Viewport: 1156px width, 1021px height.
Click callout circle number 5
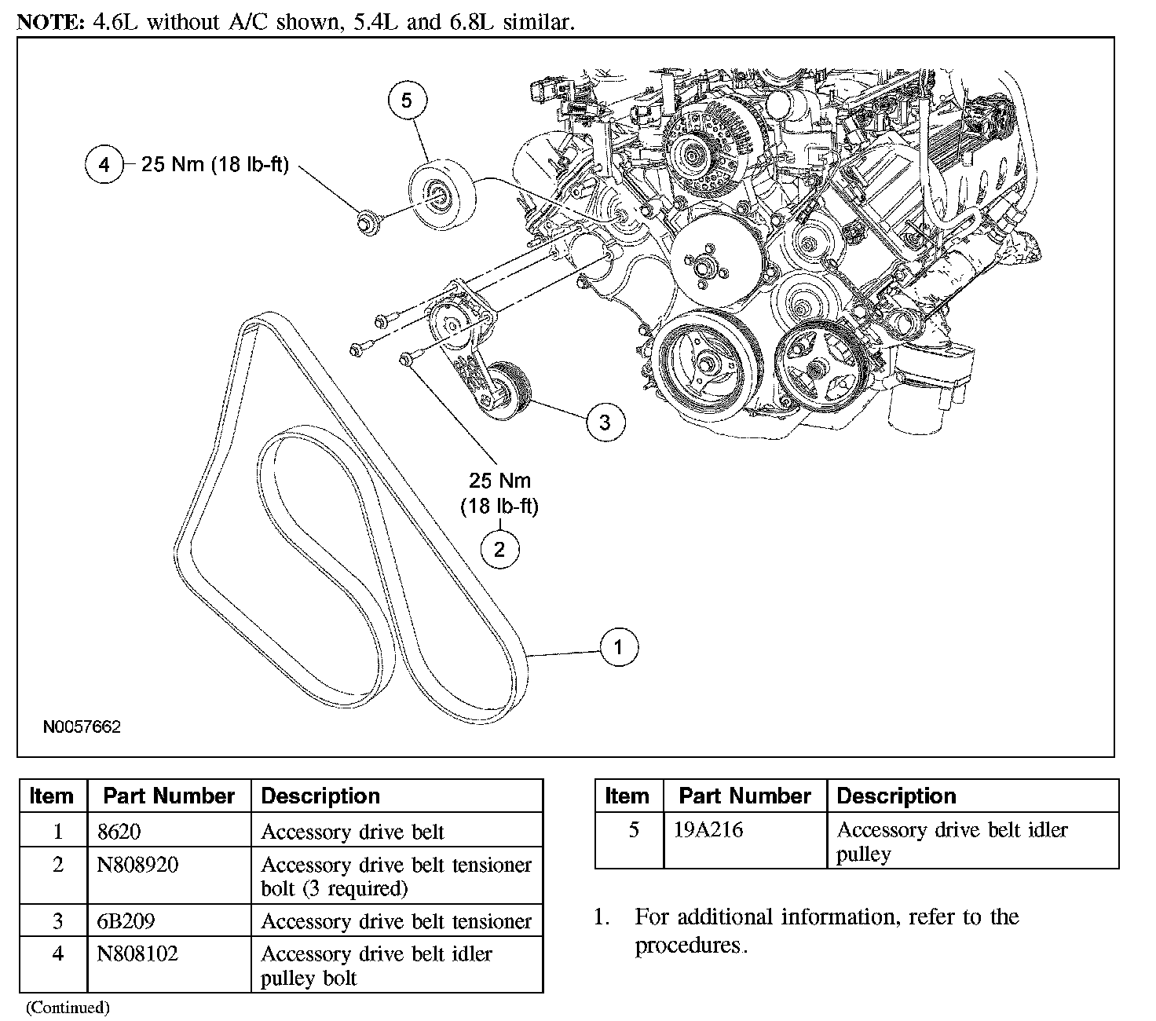(x=407, y=101)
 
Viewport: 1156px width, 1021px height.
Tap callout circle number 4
(x=104, y=165)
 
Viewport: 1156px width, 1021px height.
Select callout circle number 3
(x=605, y=422)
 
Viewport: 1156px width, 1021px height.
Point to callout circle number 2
(x=499, y=549)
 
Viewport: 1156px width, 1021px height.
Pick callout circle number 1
(x=619, y=647)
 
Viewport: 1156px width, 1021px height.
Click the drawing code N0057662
(x=82, y=727)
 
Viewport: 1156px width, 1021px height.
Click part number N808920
(x=137, y=865)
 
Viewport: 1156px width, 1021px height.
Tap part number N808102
(x=137, y=953)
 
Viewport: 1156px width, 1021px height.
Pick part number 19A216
(x=708, y=829)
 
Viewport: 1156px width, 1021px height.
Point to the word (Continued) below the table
(x=68, y=1007)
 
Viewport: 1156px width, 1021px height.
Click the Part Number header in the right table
(x=744, y=796)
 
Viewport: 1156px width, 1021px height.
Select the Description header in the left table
(x=320, y=796)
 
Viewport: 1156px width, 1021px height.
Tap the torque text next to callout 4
(x=215, y=165)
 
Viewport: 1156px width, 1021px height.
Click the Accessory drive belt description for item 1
(x=353, y=831)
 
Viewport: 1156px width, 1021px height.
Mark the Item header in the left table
(x=52, y=796)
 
